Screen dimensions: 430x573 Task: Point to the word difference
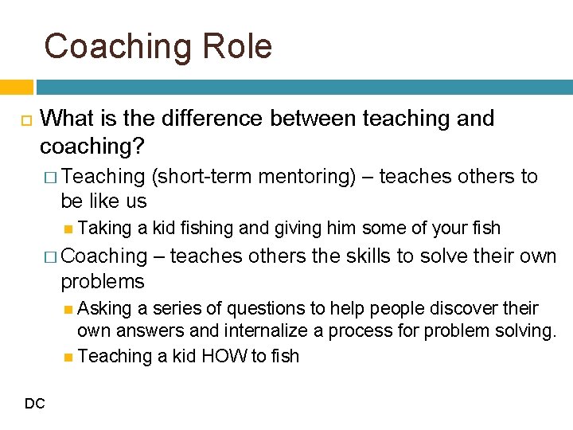coord(201,119)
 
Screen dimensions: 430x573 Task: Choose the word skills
coord(371,256)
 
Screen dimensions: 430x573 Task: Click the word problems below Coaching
coord(103,282)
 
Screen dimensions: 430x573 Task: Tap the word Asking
coord(107,308)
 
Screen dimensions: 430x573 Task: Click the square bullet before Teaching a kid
coord(69,357)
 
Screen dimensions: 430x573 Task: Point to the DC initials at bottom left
coord(34,405)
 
